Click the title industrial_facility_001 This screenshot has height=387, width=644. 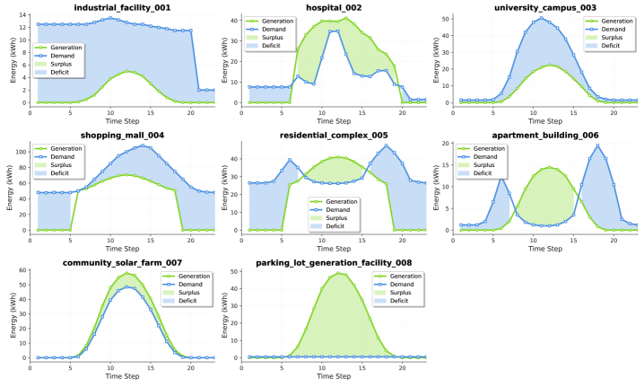pos(124,7)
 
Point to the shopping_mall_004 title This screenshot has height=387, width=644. pos(124,136)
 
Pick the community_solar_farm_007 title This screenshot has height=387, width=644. pos(124,263)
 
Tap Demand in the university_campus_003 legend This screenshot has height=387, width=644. pos(616,29)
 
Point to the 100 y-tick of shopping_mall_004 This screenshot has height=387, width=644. pos(20,152)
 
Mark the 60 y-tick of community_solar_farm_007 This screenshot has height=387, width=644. pos(22,270)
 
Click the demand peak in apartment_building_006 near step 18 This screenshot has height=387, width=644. pos(597,146)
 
